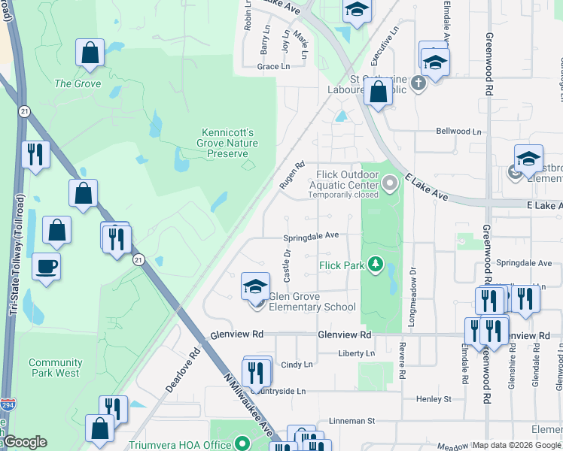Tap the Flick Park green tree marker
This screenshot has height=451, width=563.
[x=374, y=265]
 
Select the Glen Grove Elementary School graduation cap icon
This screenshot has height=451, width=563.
[x=256, y=286]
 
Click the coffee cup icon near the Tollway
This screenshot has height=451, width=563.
[x=47, y=266]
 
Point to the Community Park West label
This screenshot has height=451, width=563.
[x=54, y=368]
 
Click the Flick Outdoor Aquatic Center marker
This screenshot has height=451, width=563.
[x=389, y=183]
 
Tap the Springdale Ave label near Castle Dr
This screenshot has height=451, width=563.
[x=311, y=235]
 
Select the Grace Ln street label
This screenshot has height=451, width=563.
[x=273, y=67]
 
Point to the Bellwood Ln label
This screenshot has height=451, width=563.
[x=458, y=132]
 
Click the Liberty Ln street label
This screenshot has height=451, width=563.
[x=356, y=353]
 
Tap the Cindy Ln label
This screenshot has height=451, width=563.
[x=296, y=365]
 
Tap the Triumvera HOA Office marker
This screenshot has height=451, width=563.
[x=242, y=443]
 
